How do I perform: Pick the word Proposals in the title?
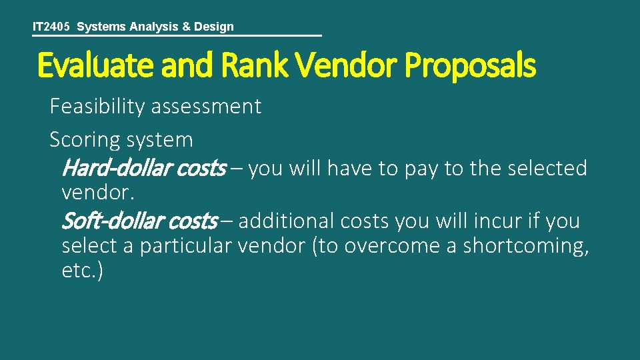click(469, 66)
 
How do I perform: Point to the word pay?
click(421, 169)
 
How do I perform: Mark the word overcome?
click(386, 246)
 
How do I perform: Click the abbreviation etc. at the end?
click(81, 272)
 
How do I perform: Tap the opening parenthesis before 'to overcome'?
click(315, 246)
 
